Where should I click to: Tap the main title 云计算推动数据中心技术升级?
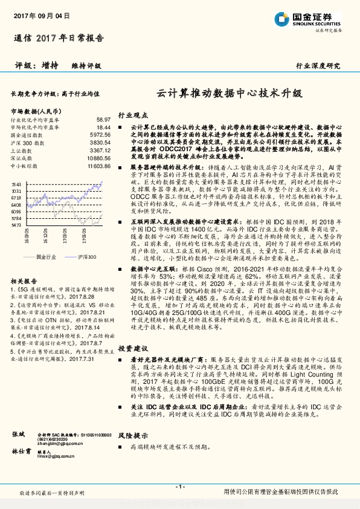pos(229,94)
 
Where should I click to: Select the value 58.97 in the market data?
pos(103,120)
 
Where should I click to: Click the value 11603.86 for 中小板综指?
pos(99,165)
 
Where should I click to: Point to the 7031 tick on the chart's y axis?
pos(16,190)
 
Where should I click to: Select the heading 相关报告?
pos(25,265)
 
